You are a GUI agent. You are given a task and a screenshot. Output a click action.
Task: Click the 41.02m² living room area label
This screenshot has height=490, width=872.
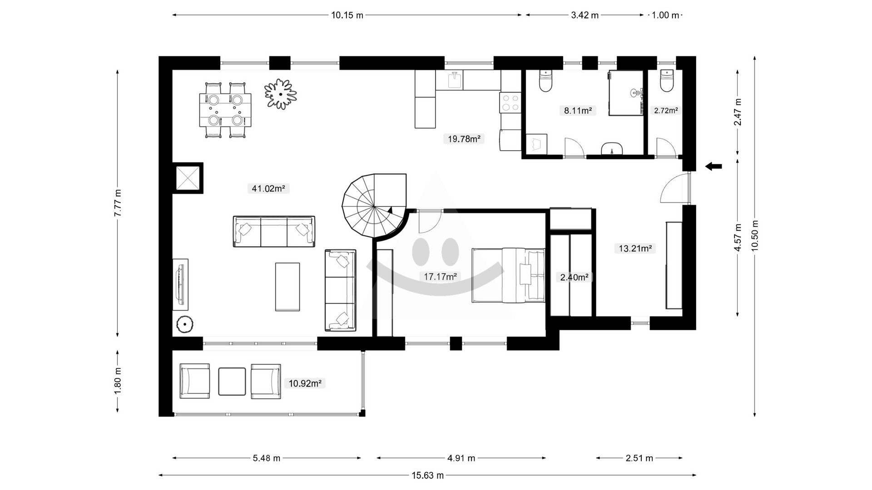coord(268,188)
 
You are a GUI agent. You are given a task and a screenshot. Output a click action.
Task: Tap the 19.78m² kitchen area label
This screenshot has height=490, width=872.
coord(464,139)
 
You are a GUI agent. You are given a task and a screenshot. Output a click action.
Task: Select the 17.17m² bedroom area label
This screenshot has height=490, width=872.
coord(440,276)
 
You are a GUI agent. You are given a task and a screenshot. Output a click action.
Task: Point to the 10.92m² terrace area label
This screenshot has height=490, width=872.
coord(305,383)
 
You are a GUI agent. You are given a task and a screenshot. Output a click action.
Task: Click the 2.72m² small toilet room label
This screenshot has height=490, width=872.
coord(666,110)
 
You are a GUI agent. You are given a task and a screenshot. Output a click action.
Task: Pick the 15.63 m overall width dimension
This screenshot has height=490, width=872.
coord(427,475)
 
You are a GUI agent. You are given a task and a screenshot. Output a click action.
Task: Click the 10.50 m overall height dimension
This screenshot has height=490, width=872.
coord(755,236)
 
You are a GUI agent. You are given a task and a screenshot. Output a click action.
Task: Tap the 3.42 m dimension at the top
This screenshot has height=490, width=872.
coord(585,15)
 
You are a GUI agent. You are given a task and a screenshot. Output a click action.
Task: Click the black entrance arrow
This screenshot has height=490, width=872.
coord(713,167)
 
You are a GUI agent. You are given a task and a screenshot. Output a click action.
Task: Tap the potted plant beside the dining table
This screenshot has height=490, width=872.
coord(281,94)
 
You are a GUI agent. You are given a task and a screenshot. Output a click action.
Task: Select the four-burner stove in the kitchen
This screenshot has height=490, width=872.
coord(510,103)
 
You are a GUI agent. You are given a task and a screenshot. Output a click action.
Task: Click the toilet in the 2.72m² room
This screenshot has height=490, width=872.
coord(666,81)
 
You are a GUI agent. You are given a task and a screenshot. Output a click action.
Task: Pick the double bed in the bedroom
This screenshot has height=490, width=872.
coord(508,275)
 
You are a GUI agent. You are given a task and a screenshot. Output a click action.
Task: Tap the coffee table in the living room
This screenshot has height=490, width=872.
coord(287,287)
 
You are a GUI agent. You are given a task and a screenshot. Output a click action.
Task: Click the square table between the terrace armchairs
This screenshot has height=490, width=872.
coord(232,382)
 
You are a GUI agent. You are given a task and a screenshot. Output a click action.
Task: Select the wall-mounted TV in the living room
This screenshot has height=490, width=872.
coord(181,284)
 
